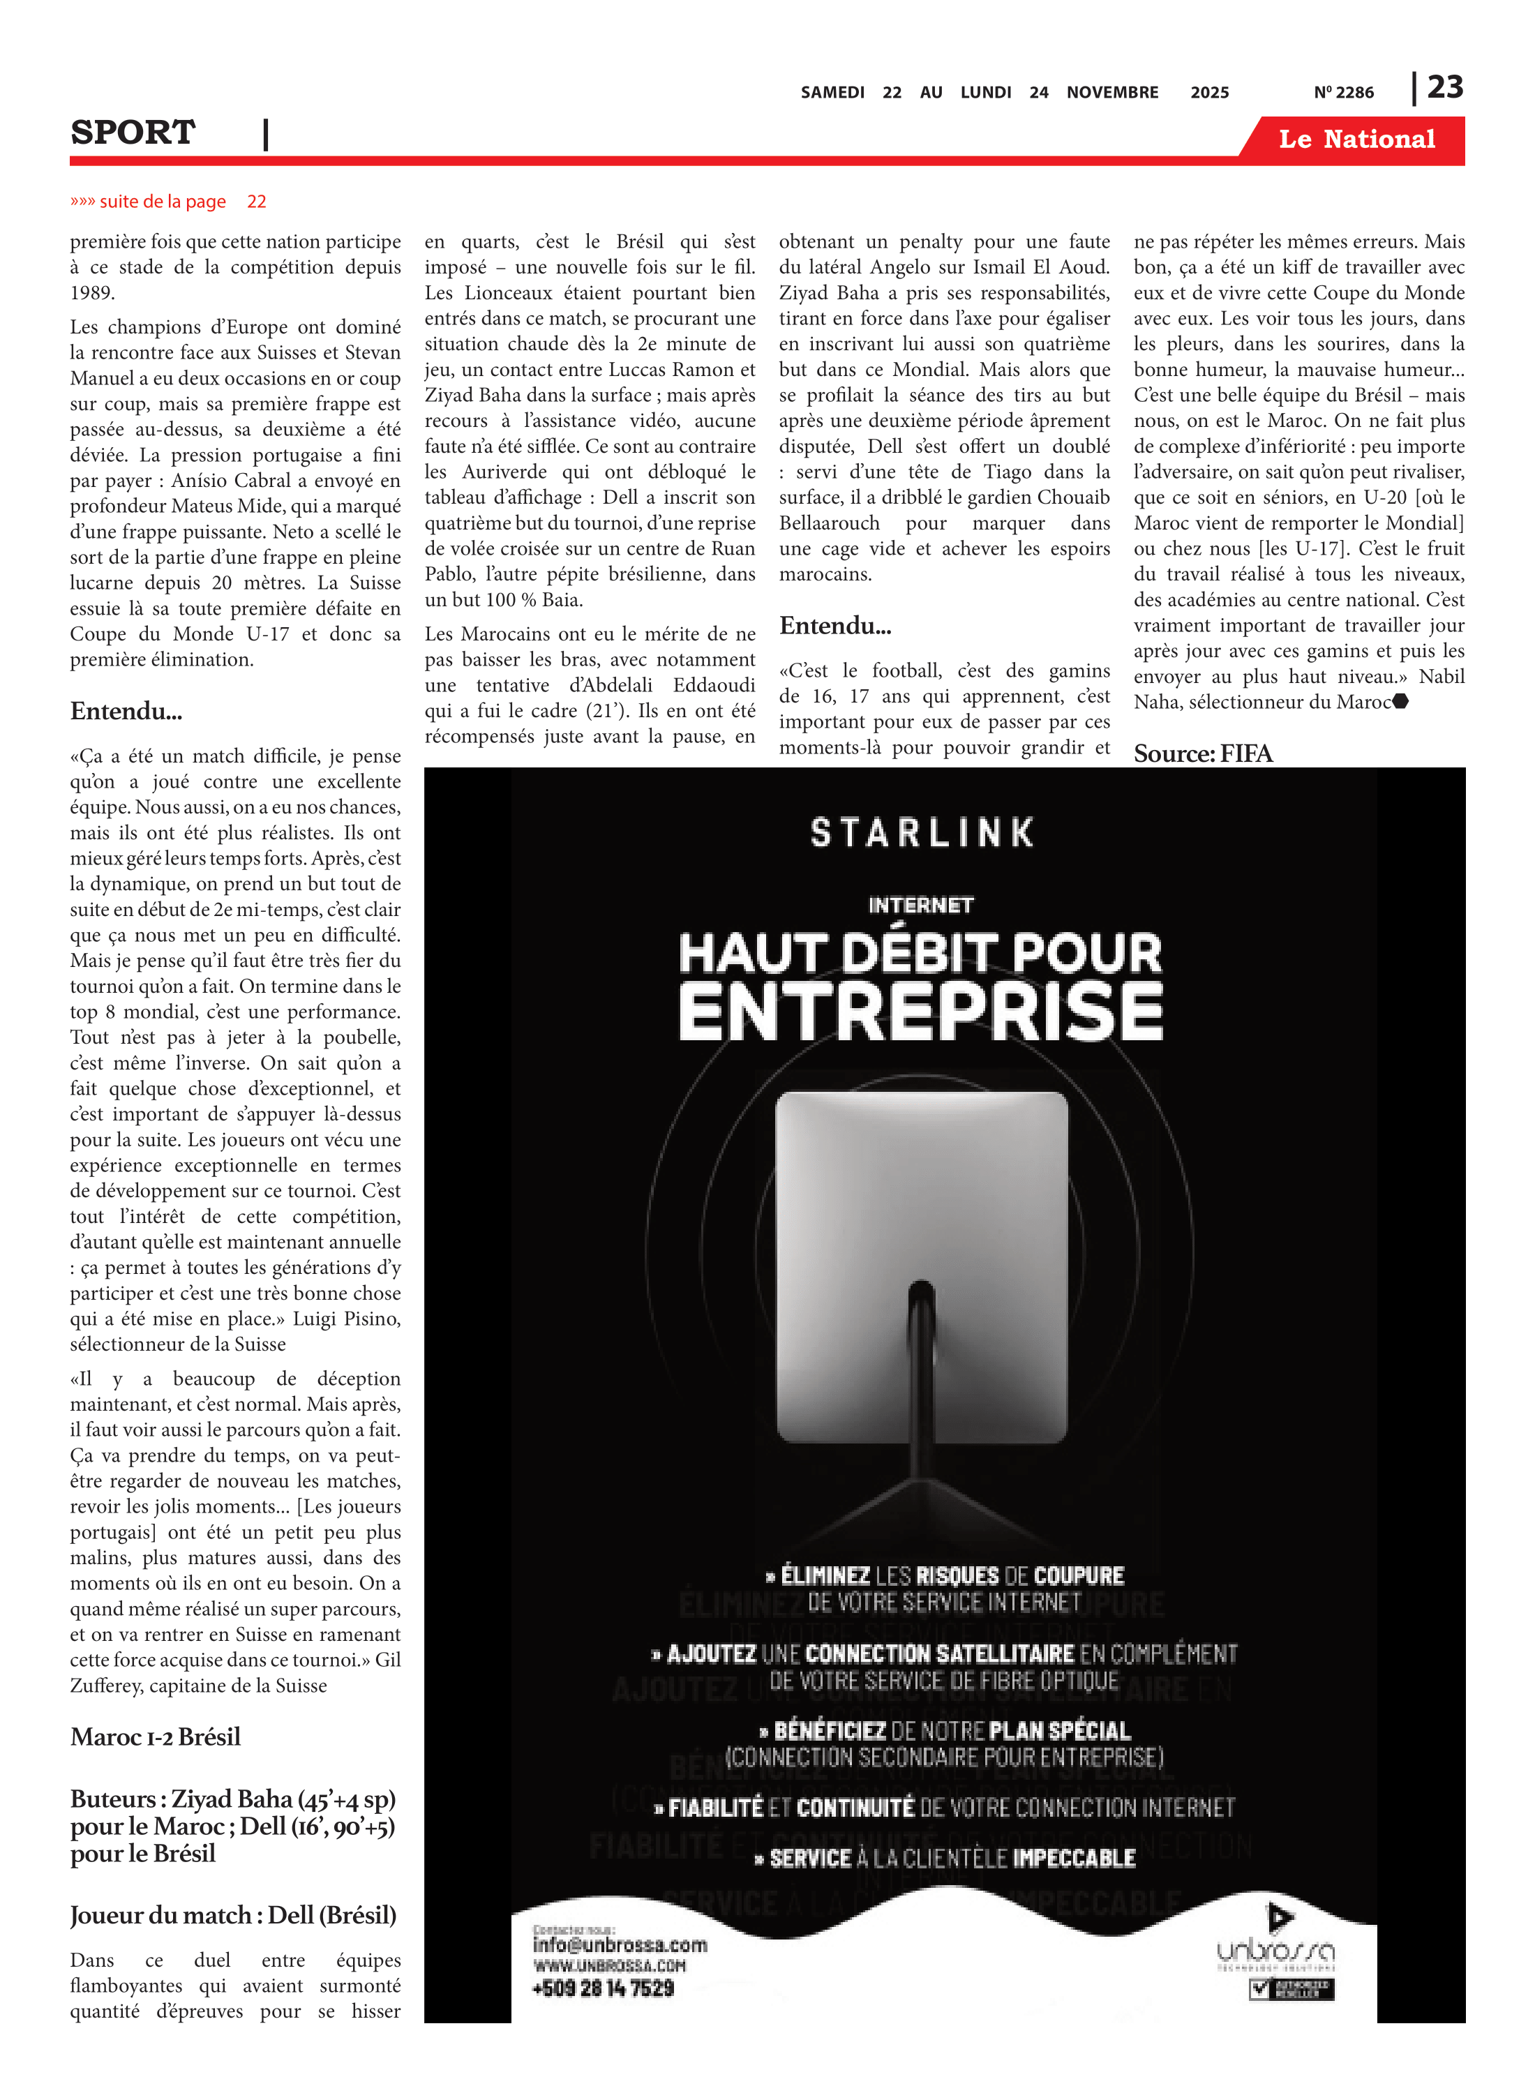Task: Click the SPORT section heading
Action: click(x=133, y=133)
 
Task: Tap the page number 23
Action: click(x=1445, y=87)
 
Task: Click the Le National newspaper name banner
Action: click(x=1356, y=140)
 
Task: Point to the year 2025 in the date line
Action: click(x=1209, y=93)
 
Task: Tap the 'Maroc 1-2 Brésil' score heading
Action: click(x=155, y=1737)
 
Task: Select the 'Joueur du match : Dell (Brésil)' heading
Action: click(x=233, y=1916)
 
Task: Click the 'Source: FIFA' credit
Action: click(x=1202, y=753)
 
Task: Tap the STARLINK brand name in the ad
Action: click(x=922, y=832)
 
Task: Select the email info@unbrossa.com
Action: click(x=620, y=1944)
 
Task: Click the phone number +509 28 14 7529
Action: click(x=603, y=1988)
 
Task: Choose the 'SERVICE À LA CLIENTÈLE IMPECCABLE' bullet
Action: click(x=945, y=1858)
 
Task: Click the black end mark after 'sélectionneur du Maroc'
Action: click(x=1401, y=701)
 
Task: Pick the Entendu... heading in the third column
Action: click(x=834, y=625)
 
